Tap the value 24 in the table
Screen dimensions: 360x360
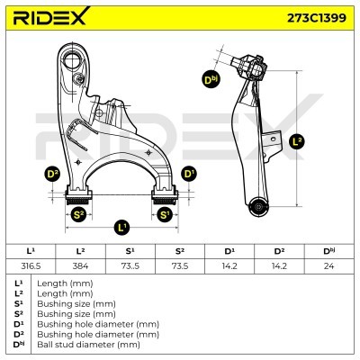(332, 265)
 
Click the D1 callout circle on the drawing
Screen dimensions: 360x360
(188, 172)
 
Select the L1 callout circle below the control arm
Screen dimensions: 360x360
(121, 227)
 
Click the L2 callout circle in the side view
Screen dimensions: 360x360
(298, 140)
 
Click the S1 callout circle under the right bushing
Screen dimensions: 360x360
(165, 214)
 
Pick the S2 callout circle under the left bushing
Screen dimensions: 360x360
(78, 214)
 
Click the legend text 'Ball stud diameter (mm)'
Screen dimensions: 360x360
(88, 344)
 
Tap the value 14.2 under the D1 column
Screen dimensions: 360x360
(230, 265)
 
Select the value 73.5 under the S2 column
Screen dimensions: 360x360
(180, 265)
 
